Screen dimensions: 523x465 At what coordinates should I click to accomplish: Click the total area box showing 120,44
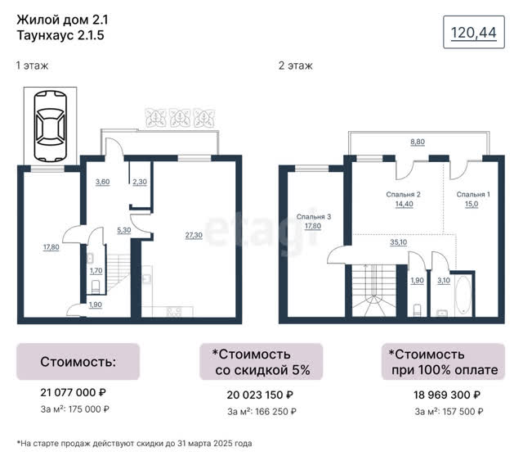474,32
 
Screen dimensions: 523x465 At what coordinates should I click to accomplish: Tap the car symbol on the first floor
51,126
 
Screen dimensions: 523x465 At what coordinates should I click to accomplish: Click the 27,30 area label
194,235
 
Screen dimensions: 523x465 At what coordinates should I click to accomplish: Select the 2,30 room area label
140,182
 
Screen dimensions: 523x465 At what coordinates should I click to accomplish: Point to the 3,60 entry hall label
102,182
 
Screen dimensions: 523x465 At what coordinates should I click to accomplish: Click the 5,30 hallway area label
123,230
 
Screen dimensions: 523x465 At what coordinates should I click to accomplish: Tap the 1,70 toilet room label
96,271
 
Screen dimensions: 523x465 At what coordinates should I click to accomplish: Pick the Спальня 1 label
473,194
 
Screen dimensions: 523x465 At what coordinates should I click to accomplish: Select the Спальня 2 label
403,194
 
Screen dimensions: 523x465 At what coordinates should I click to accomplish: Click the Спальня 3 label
314,217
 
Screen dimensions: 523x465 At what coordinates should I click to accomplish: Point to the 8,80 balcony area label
418,142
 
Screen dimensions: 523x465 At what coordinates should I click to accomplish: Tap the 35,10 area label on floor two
398,242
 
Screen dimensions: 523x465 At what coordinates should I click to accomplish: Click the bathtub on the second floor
463,296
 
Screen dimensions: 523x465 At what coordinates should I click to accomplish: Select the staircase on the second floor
374,290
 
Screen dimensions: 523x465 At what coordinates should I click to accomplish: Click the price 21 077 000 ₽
73,392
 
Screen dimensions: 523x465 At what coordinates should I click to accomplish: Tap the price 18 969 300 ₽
447,395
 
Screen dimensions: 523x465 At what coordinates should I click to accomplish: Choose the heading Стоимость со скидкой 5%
261,362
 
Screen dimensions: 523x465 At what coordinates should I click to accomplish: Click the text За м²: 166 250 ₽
261,412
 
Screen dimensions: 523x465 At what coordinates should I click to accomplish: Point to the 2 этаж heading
296,65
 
